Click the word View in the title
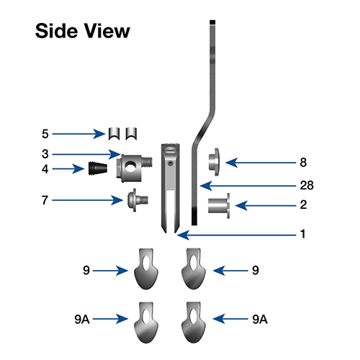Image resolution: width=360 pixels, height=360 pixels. coord(107,31)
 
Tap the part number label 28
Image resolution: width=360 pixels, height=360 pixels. coord(307,185)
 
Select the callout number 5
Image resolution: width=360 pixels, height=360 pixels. coord(45,134)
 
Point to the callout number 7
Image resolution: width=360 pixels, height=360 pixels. coord(45,200)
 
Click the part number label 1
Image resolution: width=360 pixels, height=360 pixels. coord(303,234)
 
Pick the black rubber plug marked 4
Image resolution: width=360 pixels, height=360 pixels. coord(97,168)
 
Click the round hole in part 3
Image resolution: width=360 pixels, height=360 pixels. coord(130,167)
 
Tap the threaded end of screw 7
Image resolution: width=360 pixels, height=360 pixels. coord(143,200)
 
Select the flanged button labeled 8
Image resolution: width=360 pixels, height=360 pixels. coord(214,162)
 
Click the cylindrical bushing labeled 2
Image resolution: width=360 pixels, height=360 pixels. coord(219,206)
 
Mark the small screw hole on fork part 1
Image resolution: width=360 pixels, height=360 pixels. coord(171,163)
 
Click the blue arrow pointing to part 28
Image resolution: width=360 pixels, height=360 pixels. coord(248,186)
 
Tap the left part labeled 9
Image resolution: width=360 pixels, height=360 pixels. coord(146,269)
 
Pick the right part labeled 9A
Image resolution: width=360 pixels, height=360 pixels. coord(194,323)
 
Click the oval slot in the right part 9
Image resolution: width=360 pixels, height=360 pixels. coord(193,262)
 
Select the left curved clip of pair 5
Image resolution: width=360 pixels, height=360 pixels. coord(114,134)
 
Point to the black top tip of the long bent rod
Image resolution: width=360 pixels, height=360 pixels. coord(212,22)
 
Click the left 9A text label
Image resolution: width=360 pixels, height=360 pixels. coord(82,320)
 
